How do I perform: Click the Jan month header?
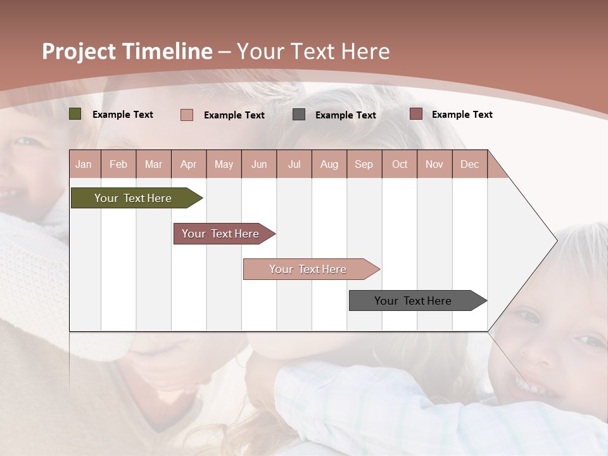tap(84, 165)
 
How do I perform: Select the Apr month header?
tap(188, 165)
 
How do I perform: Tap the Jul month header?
tap(294, 165)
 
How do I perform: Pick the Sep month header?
tap(364, 165)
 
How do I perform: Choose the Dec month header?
tap(469, 165)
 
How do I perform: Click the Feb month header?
tap(118, 165)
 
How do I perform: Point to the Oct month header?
tap(400, 165)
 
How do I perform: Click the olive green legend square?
tap(75, 114)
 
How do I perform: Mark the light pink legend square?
tap(187, 115)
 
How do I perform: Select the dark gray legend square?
tap(299, 115)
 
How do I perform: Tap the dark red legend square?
tap(415, 114)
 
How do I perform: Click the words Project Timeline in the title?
tap(127, 51)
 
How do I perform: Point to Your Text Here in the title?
tap(313, 51)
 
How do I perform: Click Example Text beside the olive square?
tap(123, 115)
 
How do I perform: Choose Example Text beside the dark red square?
tap(462, 115)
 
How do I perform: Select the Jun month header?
tap(259, 165)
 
